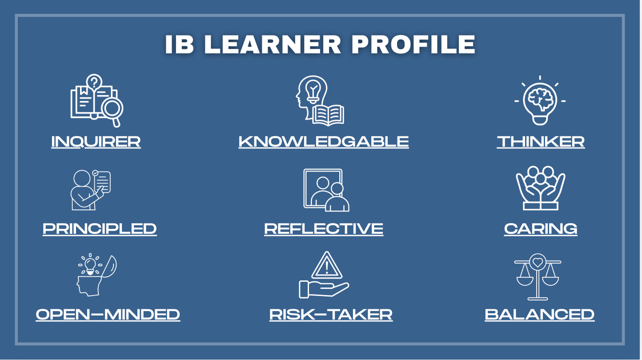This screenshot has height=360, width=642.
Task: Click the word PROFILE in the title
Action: coord(413,44)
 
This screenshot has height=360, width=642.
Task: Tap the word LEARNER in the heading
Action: coord(272,44)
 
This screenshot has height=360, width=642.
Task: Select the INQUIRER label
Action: coord(96,141)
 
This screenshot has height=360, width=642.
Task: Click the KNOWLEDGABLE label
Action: coord(324,141)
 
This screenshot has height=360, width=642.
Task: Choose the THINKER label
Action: coord(541,141)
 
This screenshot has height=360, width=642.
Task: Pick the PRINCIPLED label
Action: coord(100,228)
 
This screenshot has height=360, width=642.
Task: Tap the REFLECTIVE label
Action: coord(324,228)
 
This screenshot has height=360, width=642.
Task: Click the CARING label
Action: coord(541,228)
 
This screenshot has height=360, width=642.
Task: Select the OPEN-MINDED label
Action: coord(108,315)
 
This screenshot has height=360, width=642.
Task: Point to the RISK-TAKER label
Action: coord(331,315)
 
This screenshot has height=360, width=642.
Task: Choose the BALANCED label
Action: coord(539,315)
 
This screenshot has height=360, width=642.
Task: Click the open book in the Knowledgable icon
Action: coord(329,116)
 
